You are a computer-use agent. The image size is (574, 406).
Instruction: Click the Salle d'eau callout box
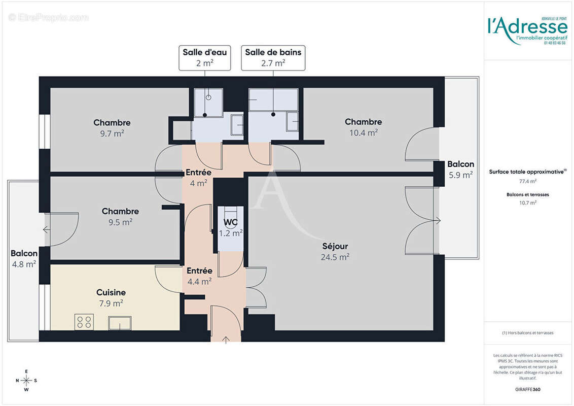[205, 57]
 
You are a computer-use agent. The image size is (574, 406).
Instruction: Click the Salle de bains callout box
[273, 57]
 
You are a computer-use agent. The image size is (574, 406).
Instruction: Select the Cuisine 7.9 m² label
[111, 298]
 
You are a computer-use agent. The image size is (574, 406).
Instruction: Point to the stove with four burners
[84, 322]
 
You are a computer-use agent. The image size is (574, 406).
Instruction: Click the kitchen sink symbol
[119, 322]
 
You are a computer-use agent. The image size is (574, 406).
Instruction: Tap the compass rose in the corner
[26, 380]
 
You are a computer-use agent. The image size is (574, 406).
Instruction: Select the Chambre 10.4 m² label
[363, 127]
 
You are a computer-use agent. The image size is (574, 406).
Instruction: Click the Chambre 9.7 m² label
[112, 127]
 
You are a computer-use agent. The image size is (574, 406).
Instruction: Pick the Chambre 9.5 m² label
[120, 216]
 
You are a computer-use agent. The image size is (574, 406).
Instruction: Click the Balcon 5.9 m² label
[460, 169]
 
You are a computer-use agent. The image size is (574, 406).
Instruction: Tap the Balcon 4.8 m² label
[24, 258]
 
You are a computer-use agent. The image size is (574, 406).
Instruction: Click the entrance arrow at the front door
[226, 339]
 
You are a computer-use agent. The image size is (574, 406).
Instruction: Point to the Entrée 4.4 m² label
[199, 276]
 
